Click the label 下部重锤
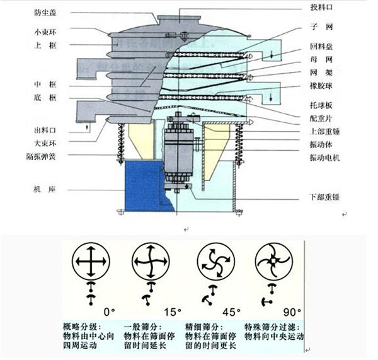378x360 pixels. (x=324, y=197)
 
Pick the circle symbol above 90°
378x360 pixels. (x=272, y=260)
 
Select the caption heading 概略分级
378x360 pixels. (x=79, y=327)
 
